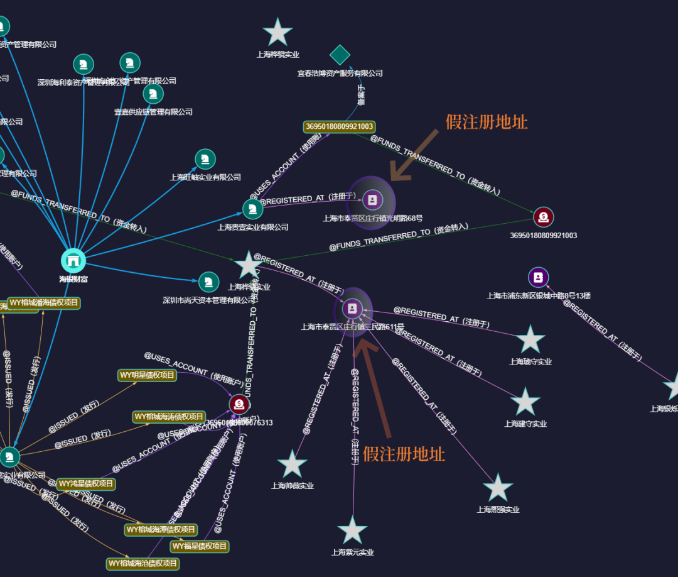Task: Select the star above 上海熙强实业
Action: pos(498,488)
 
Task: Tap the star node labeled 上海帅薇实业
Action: pos(293,464)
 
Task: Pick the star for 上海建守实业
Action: pos(525,402)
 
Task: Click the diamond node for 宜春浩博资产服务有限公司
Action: pos(340,55)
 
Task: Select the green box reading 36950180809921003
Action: pos(339,126)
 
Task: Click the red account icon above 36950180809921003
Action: pos(544,217)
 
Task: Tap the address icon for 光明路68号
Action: pos(372,200)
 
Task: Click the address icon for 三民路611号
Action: pos(353,309)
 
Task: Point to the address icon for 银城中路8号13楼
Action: pos(539,277)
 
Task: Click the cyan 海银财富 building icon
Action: pos(73,260)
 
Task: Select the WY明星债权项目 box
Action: pos(147,375)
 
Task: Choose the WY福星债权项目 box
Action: pos(199,546)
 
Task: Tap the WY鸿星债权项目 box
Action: pos(86,484)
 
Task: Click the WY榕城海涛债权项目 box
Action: pos(169,417)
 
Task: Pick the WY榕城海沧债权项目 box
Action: pos(143,563)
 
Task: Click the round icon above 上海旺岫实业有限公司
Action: pos(205,159)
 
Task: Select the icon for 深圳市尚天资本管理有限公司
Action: pos(208,282)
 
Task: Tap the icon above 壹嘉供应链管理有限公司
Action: pos(153,94)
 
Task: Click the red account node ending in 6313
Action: pos(239,404)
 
